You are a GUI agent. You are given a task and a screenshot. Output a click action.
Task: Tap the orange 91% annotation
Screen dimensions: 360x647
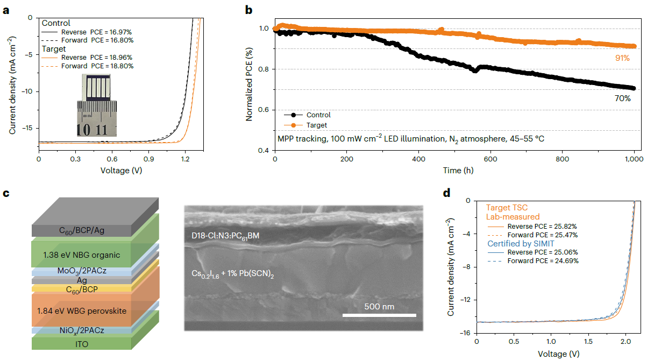point(622,58)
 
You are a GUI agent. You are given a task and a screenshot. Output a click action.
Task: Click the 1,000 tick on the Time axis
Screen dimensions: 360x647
point(634,160)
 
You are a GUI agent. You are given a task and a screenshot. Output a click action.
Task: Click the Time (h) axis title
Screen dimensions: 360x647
point(455,170)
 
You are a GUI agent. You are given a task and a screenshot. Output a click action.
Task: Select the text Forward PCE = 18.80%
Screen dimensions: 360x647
point(97,66)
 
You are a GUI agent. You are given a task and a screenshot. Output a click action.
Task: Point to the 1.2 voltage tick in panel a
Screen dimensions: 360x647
point(186,160)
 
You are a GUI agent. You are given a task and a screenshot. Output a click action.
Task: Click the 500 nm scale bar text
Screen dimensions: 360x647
point(379,307)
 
